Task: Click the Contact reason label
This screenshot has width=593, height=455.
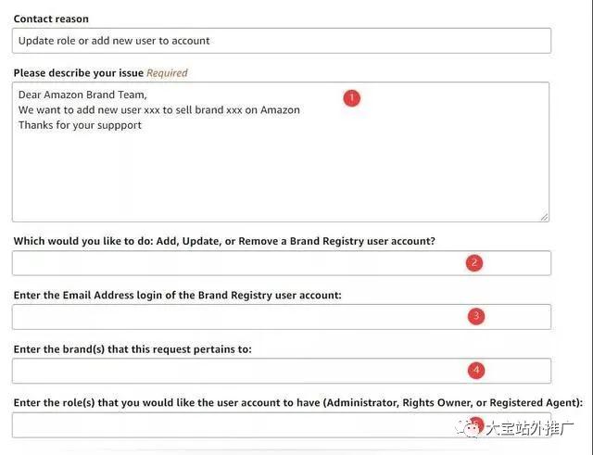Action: coord(51,19)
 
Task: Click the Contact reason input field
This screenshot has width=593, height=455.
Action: coord(282,41)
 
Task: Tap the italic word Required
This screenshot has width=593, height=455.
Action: coord(167,72)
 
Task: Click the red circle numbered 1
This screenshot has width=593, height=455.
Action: coord(351,97)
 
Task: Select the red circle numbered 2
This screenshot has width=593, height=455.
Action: coord(474,262)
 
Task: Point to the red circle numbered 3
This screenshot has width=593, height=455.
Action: coord(475,316)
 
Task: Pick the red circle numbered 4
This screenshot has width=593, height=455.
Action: coord(475,370)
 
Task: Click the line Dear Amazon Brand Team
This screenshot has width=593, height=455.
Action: coord(82,95)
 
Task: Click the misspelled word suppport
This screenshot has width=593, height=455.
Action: coord(118,125)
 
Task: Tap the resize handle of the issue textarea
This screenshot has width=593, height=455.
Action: coord(544,216)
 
